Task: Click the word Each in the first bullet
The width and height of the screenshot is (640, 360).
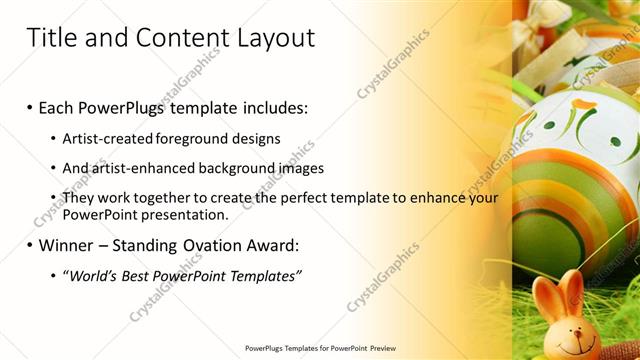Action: tap(55, 106)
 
